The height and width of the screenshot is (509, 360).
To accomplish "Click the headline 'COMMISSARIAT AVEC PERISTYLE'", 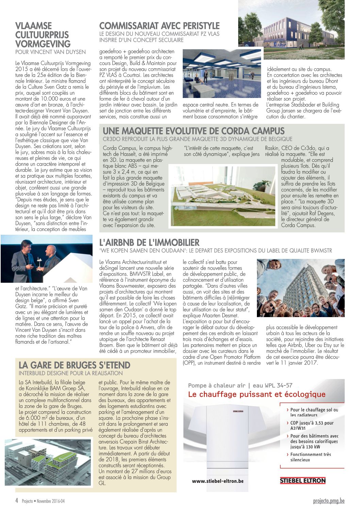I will [x=159, y=26].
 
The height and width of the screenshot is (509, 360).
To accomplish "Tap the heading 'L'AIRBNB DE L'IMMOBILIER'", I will [x=149, y=243].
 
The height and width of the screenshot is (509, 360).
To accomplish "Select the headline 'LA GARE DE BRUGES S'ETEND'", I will [x=74, y=365].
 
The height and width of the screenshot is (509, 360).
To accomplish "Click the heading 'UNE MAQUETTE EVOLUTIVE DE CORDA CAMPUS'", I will [x=193, y=131].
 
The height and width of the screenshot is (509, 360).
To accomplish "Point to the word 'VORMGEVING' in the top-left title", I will [x=43, y=44].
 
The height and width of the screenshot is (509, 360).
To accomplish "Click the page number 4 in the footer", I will [x=17, y=501].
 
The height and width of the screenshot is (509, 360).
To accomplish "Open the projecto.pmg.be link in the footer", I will [x=329, y=501].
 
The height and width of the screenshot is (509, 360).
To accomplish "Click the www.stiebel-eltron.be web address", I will [x=218, y=481].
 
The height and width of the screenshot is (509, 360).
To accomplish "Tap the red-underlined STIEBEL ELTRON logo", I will [x=302, y=480].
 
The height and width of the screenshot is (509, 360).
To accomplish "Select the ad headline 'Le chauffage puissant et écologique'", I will [x=257, y=394].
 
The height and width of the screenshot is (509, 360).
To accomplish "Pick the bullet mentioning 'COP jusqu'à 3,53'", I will [x=311, y=425].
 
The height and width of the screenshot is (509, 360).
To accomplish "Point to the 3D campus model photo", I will [x=223, y=196].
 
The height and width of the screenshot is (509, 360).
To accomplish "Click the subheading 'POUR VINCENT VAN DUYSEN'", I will [x=50, y=52].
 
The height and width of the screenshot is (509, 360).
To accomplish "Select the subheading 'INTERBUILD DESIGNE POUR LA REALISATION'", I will [x=71, y=373].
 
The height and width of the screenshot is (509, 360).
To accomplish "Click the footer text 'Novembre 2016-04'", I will [x=50, y=501].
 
